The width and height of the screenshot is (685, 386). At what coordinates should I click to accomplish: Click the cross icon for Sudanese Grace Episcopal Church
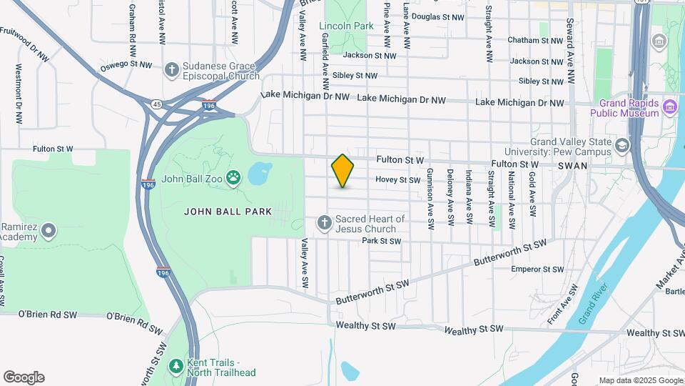tap(171, 70)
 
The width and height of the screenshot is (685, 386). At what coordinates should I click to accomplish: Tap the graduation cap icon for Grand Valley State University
tap(622, 146)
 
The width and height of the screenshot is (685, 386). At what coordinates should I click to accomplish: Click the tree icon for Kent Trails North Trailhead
tap(176, 367)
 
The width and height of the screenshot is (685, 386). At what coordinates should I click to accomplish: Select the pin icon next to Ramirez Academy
tap(49, 231)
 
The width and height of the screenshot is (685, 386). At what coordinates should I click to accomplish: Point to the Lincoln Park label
tap(347, 26)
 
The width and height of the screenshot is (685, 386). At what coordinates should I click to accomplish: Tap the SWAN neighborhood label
tap(572, 166)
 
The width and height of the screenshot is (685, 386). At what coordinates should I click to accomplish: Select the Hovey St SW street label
tap(397, 180)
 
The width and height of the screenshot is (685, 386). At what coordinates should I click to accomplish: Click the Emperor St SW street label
tap(537, 269)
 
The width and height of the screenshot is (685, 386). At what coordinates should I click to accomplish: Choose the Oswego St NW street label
tap(126, 65)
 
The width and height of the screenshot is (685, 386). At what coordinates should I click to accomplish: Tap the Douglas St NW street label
tap(438, 16)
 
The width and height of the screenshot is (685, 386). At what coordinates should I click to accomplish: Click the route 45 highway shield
tap(157, 104)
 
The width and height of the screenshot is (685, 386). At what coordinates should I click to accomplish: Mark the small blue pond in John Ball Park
tap(260, 172)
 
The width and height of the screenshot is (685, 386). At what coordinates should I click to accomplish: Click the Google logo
tap(24, 377)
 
